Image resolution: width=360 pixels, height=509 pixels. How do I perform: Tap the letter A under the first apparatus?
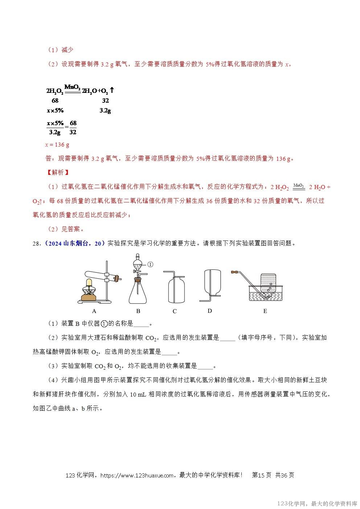[x=94, y=311]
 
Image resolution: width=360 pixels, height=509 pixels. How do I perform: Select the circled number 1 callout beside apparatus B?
[x=151, y=264]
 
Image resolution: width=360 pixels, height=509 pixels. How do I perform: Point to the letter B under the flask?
[x=138, y=311]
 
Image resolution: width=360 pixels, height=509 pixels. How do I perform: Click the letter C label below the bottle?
[x=175, y=311]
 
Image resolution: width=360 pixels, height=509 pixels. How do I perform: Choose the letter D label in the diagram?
[x=210, y=311]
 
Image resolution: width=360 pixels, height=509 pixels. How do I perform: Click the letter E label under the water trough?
[x=265, y=311]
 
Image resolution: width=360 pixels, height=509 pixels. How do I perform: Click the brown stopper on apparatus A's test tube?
[x=117, y=279]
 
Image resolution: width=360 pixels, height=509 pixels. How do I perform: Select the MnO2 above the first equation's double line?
[x=72, y=86]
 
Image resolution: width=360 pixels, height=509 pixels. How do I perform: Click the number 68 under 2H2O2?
[x=55, y=100]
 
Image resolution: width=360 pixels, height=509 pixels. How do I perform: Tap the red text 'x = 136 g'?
[x=57, y=145]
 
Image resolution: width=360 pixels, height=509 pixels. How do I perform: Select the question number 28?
[x=36, y=243]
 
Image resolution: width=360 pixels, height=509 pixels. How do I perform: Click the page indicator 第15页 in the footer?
[x=262, y=475]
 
